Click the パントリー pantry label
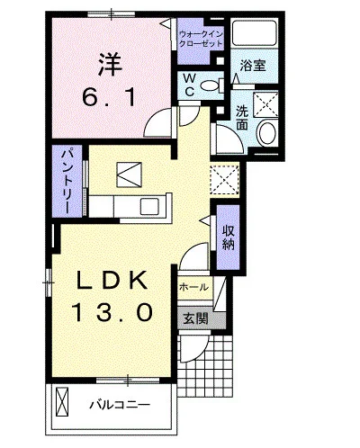67,181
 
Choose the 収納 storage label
229,234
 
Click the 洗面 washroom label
243,118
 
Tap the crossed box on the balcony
64,398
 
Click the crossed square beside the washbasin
266,104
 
